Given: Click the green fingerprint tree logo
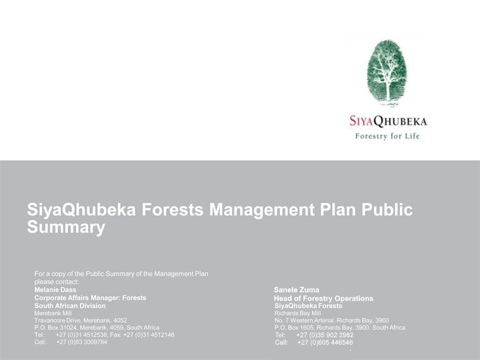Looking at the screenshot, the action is click(x=387, y=73).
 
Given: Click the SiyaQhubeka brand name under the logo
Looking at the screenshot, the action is click(x=388, y=121).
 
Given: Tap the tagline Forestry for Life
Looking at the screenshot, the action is click(x=387, y=136).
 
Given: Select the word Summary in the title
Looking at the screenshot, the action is click(x=66, y=227).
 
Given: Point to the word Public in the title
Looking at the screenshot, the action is click(x=387, y=210).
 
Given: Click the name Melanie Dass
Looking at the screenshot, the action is click(x=55, y=290).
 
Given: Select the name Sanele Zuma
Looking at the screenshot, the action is click(x=297, y=290).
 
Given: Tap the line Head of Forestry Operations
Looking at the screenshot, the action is click(x=324, y=298).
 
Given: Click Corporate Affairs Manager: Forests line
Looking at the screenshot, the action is click(x=90, y=298).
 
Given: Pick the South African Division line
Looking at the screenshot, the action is click(x=70, y=305).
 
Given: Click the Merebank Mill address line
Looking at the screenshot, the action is click(x=53, y=313).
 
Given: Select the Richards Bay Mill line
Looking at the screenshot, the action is click(x=298, y=313).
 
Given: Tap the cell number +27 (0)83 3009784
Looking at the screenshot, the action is click(x=82, y=342).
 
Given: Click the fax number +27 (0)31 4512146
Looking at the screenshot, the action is click(x=149, y=335).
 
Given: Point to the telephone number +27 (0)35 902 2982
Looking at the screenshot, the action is click(x=325, y=335).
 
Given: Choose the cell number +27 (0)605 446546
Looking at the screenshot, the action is click(x=325, y=342).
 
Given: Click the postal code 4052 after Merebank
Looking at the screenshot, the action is click(x=120, y=320).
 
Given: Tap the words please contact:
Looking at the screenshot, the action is click(x=57, y=282).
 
